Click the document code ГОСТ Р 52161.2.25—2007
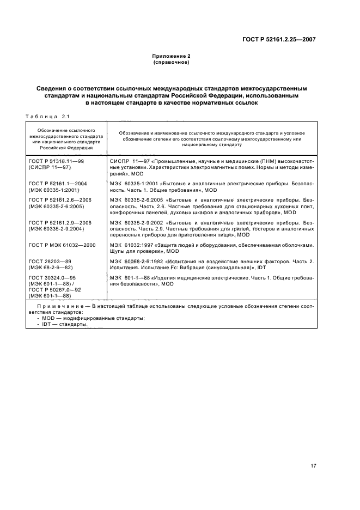[x=280, y=39]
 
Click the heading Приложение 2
[x=171, y=56]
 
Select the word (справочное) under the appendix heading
[x=171, y=62]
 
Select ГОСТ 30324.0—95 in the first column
[x=53, y=277]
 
